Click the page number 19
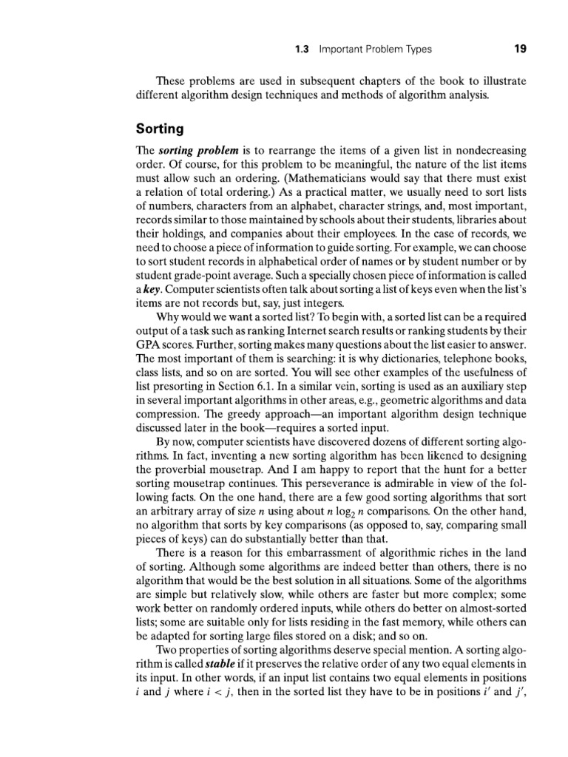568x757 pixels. tap(519, 50)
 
